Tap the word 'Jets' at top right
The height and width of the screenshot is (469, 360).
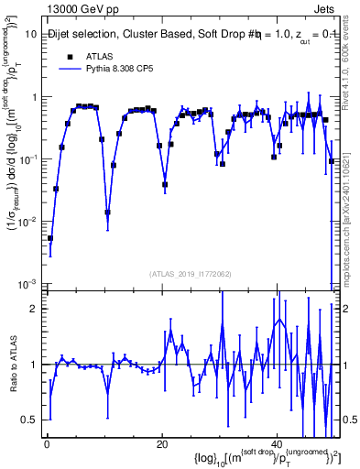328,8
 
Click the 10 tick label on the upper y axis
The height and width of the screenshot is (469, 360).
30,34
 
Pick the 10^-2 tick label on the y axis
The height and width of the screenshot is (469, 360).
28,222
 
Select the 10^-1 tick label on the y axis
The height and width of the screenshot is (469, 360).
28,159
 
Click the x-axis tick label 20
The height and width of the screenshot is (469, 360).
161,445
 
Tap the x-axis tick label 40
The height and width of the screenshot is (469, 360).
276,445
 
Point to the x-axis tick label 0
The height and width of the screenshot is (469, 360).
47,445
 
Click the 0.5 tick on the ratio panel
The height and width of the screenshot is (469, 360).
32,420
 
